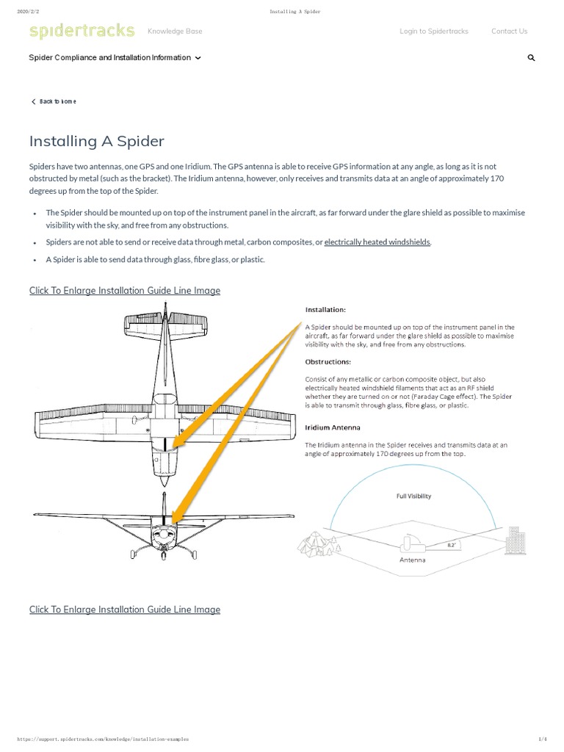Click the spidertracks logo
(x=82, y=31)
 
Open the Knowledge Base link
(x=175, y=32)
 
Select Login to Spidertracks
(x=433, y=32)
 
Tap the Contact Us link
(x=509, y=32)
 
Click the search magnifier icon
(x=531, y=58)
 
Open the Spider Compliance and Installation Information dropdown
(x=115, y=58)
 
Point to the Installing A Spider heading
(x=97, y=141)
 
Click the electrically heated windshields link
(x=377, y=242)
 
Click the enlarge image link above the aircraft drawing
(x=125, y=291)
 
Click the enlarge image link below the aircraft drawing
(x=125, y=610)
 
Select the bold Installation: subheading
(x=325, y=310)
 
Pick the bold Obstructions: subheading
(x=328, y=361)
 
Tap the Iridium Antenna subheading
(x=333, y=427)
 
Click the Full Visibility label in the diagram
(x=414, y=496)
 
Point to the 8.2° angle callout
(x=452, y=545)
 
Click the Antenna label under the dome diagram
(x=412, y=560)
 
